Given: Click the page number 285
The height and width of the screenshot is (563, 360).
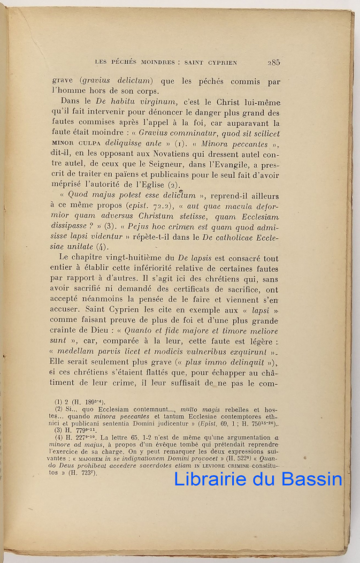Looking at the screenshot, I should pyautogui.click(x=274, y=62).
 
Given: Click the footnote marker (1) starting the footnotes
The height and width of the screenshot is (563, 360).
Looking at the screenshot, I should pyautogui.click(x=59, y=402).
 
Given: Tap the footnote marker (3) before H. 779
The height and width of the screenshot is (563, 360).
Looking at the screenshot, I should pyautogui.click(x=59, y=430).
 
